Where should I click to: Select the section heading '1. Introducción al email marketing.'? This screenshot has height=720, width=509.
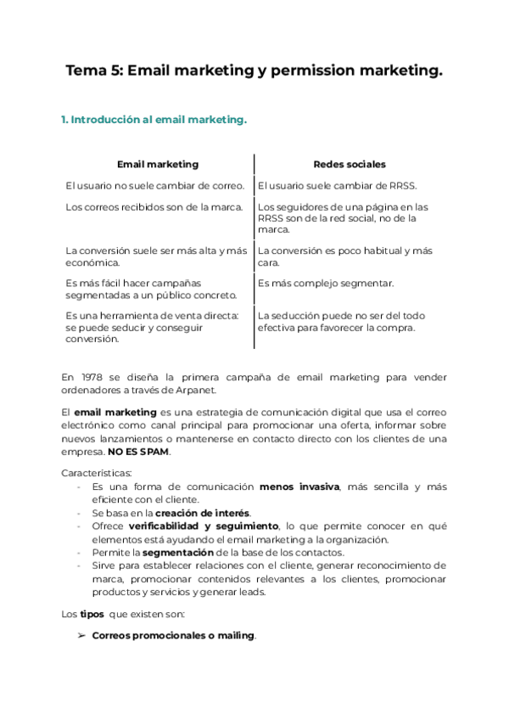tap(154, 121)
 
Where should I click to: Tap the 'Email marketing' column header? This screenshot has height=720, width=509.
tap(158, 164)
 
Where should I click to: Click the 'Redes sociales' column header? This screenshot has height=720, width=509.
tap(349, 164)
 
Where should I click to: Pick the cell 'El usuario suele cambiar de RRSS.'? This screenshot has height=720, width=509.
tap(337, 185)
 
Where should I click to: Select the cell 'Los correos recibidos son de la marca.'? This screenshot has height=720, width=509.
tap(154, 206)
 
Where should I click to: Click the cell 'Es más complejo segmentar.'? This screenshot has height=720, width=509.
tap(326, 283)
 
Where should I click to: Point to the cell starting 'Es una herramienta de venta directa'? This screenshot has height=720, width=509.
tap(153, 327)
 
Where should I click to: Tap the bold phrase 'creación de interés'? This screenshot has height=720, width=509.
tap(203, 513)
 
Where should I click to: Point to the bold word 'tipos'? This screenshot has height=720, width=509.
tap(92, 613)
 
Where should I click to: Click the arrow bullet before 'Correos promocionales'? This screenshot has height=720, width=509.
tap(81, 635)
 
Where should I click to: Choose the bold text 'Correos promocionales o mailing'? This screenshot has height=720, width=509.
tap(173, 635)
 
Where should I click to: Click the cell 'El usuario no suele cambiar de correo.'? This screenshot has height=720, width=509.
tap(155, 185)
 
